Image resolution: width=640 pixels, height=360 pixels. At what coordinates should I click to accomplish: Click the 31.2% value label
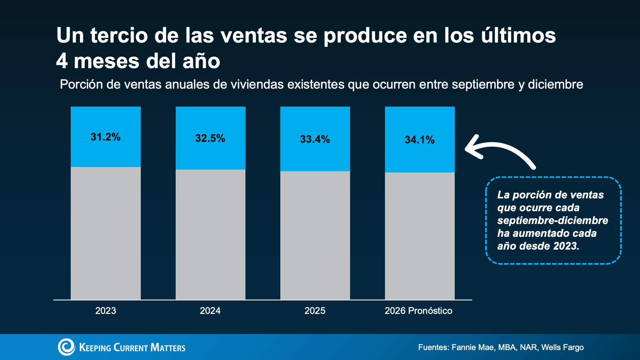click(105, 137)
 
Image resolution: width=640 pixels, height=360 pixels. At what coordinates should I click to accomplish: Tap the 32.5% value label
click(210, 138)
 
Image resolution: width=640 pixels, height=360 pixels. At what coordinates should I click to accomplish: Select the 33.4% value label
click(315, 139)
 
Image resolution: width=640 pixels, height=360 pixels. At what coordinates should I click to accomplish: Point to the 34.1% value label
click(420, 140)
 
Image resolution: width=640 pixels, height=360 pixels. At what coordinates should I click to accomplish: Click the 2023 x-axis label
click(106, 311)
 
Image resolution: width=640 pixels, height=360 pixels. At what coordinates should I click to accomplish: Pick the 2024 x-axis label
click(210, 311)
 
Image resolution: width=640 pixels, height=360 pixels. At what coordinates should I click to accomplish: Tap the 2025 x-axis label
click(315, 311)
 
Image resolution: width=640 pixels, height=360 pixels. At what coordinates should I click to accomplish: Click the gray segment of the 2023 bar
click(106, 233)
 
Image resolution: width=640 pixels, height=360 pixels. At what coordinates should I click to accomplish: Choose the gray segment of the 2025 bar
click(315, 236)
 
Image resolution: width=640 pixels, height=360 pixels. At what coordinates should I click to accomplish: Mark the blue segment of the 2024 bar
click(211, 138)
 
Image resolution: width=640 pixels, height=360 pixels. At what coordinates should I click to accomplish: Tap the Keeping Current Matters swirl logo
click(66, 347)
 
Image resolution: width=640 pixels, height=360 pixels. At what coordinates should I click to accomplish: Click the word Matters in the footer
click(168, 348)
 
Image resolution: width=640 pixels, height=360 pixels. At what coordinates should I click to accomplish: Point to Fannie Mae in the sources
click(473, 348)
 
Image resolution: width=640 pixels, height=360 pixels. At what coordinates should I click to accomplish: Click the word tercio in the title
click(119, 35)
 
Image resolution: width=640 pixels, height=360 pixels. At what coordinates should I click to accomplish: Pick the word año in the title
click(201, 61)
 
